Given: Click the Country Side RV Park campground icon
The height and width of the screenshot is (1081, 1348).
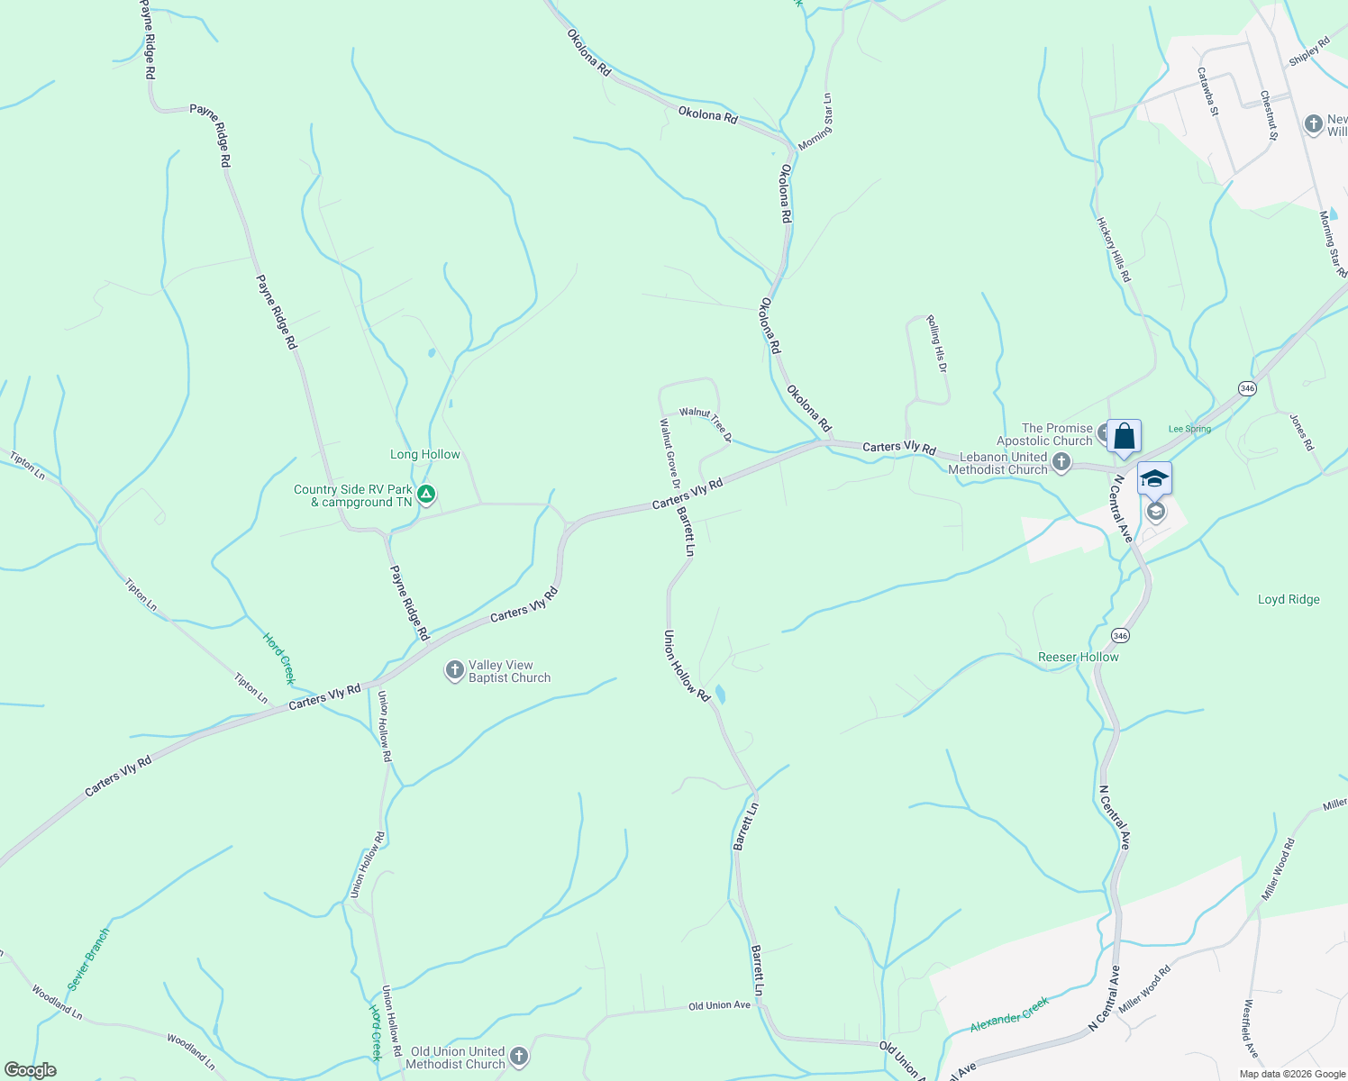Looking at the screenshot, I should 427,495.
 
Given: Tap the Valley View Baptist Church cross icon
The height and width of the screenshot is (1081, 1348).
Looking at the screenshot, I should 455,670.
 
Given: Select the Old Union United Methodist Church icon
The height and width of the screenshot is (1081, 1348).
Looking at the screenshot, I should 518,1057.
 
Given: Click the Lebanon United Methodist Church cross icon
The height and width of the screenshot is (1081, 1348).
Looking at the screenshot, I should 1061,463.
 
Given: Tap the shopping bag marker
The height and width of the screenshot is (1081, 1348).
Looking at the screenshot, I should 1124,437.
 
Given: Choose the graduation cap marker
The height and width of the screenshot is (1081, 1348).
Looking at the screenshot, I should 1154,478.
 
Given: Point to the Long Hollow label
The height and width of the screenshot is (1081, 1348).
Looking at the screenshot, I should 425,455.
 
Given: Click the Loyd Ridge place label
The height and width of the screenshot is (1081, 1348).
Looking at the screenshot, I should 1289,600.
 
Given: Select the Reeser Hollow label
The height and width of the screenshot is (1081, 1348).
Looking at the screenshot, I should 1079,658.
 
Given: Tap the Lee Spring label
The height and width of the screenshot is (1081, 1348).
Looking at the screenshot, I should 1189,429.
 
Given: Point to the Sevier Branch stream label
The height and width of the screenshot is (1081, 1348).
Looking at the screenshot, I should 88,958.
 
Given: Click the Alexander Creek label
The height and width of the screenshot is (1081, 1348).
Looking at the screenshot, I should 1010,1015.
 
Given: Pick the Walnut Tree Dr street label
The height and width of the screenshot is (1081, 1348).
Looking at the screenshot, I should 706,424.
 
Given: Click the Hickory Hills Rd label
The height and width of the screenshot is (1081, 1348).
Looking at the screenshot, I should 1113,250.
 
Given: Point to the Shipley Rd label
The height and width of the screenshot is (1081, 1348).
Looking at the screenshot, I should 1309,51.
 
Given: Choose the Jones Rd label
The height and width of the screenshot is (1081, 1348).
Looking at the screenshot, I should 1302,432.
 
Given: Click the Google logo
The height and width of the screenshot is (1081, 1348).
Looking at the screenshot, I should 31,1070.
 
